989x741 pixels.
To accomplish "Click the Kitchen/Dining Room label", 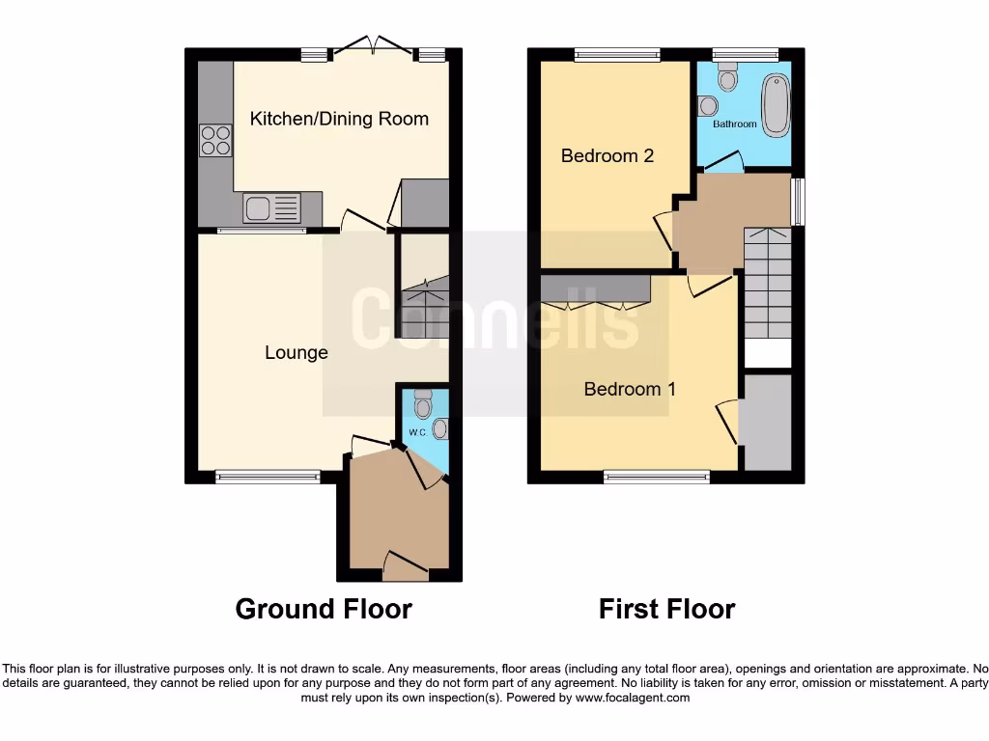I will click(339, 119).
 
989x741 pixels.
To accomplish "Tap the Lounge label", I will click(297, 353).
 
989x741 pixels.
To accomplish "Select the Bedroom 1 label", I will click(630, 389).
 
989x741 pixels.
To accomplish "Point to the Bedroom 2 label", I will click(608, 155).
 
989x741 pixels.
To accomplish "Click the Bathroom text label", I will click(734, 124).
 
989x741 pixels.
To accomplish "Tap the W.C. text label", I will click(417, 431).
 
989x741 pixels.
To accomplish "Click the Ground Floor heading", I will click(324, 610).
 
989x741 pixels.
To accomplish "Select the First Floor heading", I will click(666, 610).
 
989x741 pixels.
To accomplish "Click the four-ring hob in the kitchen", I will click(215, 141).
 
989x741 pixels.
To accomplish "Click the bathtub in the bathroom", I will click(776, 105).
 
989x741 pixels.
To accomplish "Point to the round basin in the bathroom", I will click(711, 105).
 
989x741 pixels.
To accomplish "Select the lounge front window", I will click(268, 476).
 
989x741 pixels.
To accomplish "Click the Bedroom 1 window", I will click(657, 476).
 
